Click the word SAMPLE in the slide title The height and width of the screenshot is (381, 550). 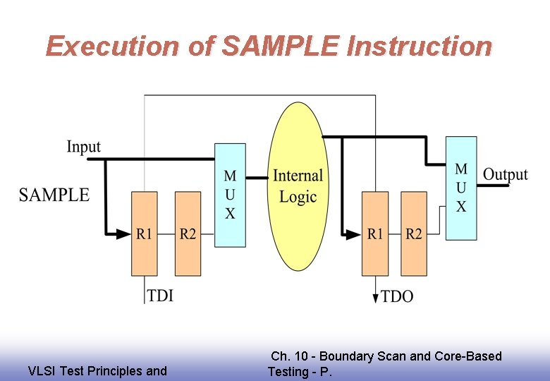tap(281, 47)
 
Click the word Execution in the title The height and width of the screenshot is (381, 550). tap(112, 47)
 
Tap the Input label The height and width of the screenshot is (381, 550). tap(83, 147)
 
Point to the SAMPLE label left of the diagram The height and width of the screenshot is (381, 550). tap(54, 195)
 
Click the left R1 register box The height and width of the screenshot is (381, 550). tap(144, 234)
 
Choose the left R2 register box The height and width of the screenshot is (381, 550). tap(188, 234)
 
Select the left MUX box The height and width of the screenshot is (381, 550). tap(230, 195)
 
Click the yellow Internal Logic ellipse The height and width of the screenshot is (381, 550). tap(298, 186)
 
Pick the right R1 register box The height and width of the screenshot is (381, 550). tap(375, 234)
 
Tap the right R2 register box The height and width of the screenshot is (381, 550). tap(414, 234)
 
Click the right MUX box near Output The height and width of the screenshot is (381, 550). tap(461, 188)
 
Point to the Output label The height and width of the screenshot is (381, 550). tap(505, 174)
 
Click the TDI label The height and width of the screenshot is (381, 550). tap(160, 296)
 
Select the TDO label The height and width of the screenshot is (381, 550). tap(397, 296)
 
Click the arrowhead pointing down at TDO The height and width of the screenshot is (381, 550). tap(375, 298)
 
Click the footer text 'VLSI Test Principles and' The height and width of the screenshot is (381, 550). tap(97, 371)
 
